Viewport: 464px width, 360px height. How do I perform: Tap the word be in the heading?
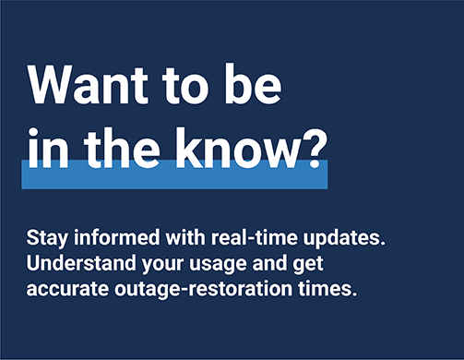(248, 87)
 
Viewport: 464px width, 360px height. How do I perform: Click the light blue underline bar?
(175, 175)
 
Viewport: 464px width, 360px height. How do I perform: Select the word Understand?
(77, 262)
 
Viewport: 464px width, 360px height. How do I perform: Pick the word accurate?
(66, 288)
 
